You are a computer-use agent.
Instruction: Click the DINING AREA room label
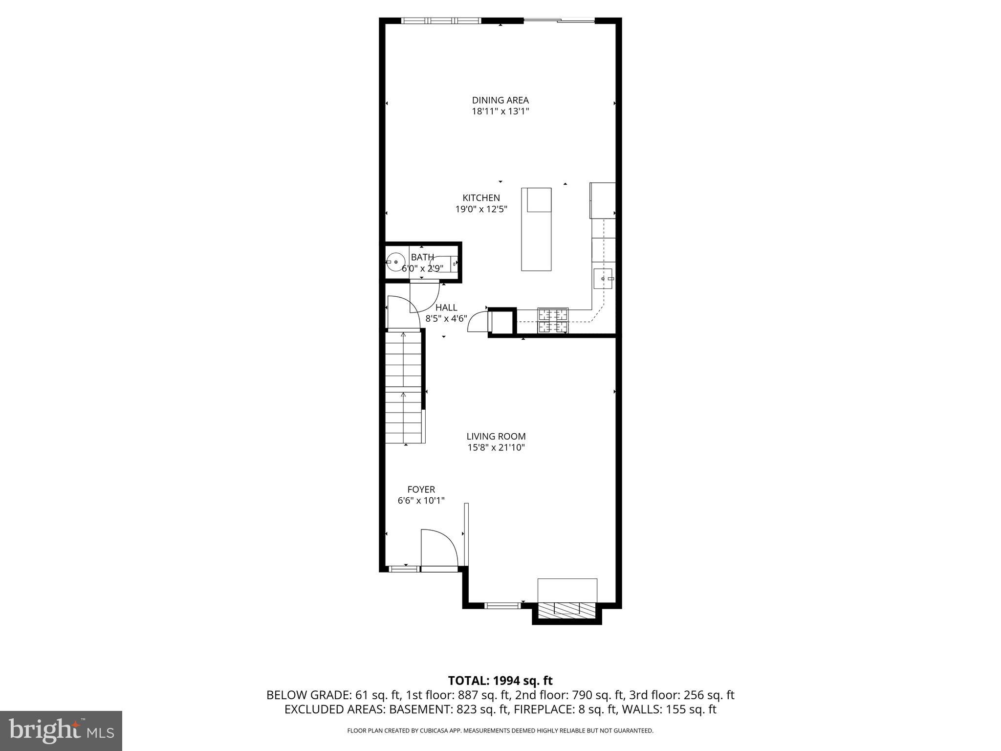(500, 100)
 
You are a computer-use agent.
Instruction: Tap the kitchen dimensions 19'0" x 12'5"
(481, 209)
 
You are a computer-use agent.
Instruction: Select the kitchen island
(536, 229)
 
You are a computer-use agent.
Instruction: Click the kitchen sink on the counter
(603, 278)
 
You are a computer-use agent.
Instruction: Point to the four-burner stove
(553, 320)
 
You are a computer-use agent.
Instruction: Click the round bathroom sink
(395, 263)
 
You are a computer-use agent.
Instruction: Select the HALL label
(446, 308)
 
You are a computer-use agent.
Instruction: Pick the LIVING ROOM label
(496, 437)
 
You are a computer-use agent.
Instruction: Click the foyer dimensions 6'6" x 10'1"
(421, 500)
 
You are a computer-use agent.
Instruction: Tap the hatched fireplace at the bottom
(567, 609)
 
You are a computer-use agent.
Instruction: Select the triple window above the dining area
(441, 21)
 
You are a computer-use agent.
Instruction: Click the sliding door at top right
(559, 21)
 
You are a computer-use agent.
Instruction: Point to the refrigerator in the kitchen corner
(603, 200)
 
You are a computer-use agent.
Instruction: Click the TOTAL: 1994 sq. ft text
(500, 681)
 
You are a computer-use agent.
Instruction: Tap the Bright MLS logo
(61, 730)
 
